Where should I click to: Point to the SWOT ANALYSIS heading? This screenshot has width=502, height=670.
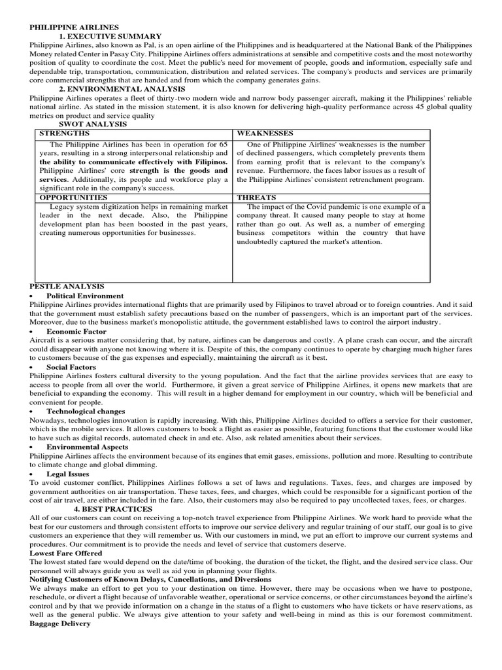click(x=93, y=124)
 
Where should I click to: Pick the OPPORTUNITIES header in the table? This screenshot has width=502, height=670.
click(x=74, y=196)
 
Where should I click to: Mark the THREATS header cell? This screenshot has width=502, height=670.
click(x=256, y=196)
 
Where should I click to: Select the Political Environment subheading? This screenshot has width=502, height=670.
click(x=85, y=296)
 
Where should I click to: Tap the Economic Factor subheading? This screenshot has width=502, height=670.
click(x=78, y=332)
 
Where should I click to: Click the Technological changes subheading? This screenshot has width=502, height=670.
click(x=86, y=411)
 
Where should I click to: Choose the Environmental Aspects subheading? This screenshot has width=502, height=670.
click(x=88, y=446)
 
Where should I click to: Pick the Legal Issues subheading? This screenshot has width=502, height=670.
click(x=68, y=473)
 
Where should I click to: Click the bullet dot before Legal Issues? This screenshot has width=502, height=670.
click(x=32, y=474)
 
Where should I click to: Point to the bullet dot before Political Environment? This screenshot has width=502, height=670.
click(x=32, y=296)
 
